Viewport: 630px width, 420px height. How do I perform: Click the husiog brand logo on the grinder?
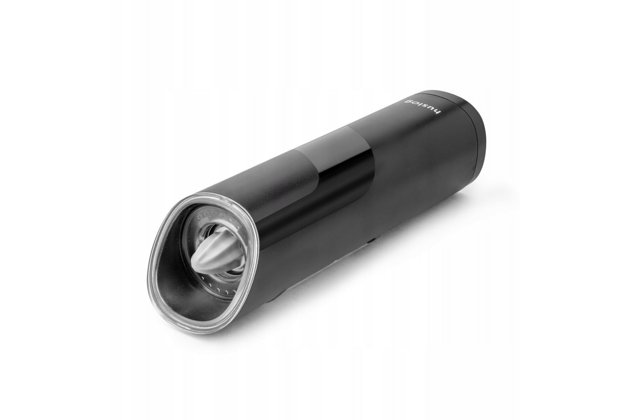point(422,107)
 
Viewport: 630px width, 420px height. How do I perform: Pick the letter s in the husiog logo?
point(424,106)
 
